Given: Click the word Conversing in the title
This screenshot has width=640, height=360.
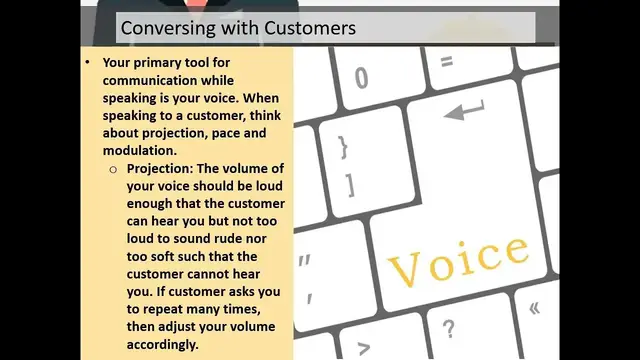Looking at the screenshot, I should click(163, 28).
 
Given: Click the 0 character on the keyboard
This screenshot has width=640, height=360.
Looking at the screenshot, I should click(361, 77).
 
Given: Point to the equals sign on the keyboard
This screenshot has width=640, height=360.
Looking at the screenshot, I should click(446, 62).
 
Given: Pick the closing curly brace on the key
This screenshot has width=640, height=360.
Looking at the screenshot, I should click(344, 148).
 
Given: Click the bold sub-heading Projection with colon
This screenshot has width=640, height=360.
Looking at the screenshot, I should click(165, 169).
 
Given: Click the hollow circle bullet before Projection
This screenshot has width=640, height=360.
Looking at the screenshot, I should click(113, 169).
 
